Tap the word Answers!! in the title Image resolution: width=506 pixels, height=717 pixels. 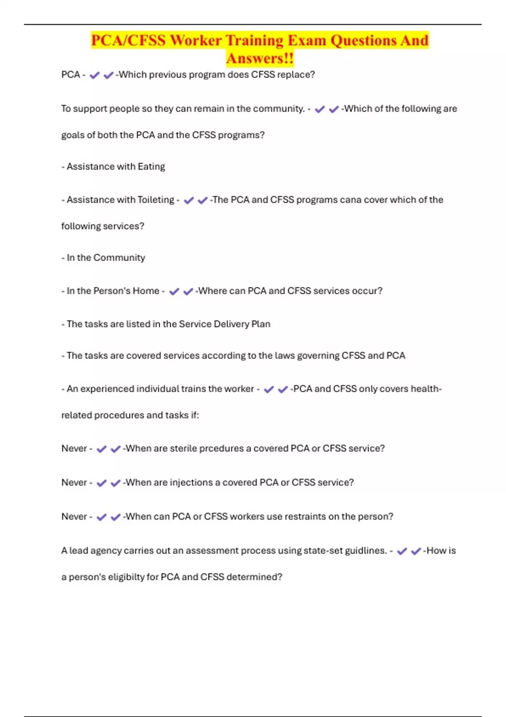pos(260,58)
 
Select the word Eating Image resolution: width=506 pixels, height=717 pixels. pos(151,167)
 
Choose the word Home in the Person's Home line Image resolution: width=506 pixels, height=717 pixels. pos(145,291)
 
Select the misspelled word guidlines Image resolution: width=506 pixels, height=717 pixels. pos(366,551)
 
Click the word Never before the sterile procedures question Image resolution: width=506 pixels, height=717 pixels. pos(74,448)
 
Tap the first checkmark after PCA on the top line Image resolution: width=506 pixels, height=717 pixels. pos(94,75)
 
